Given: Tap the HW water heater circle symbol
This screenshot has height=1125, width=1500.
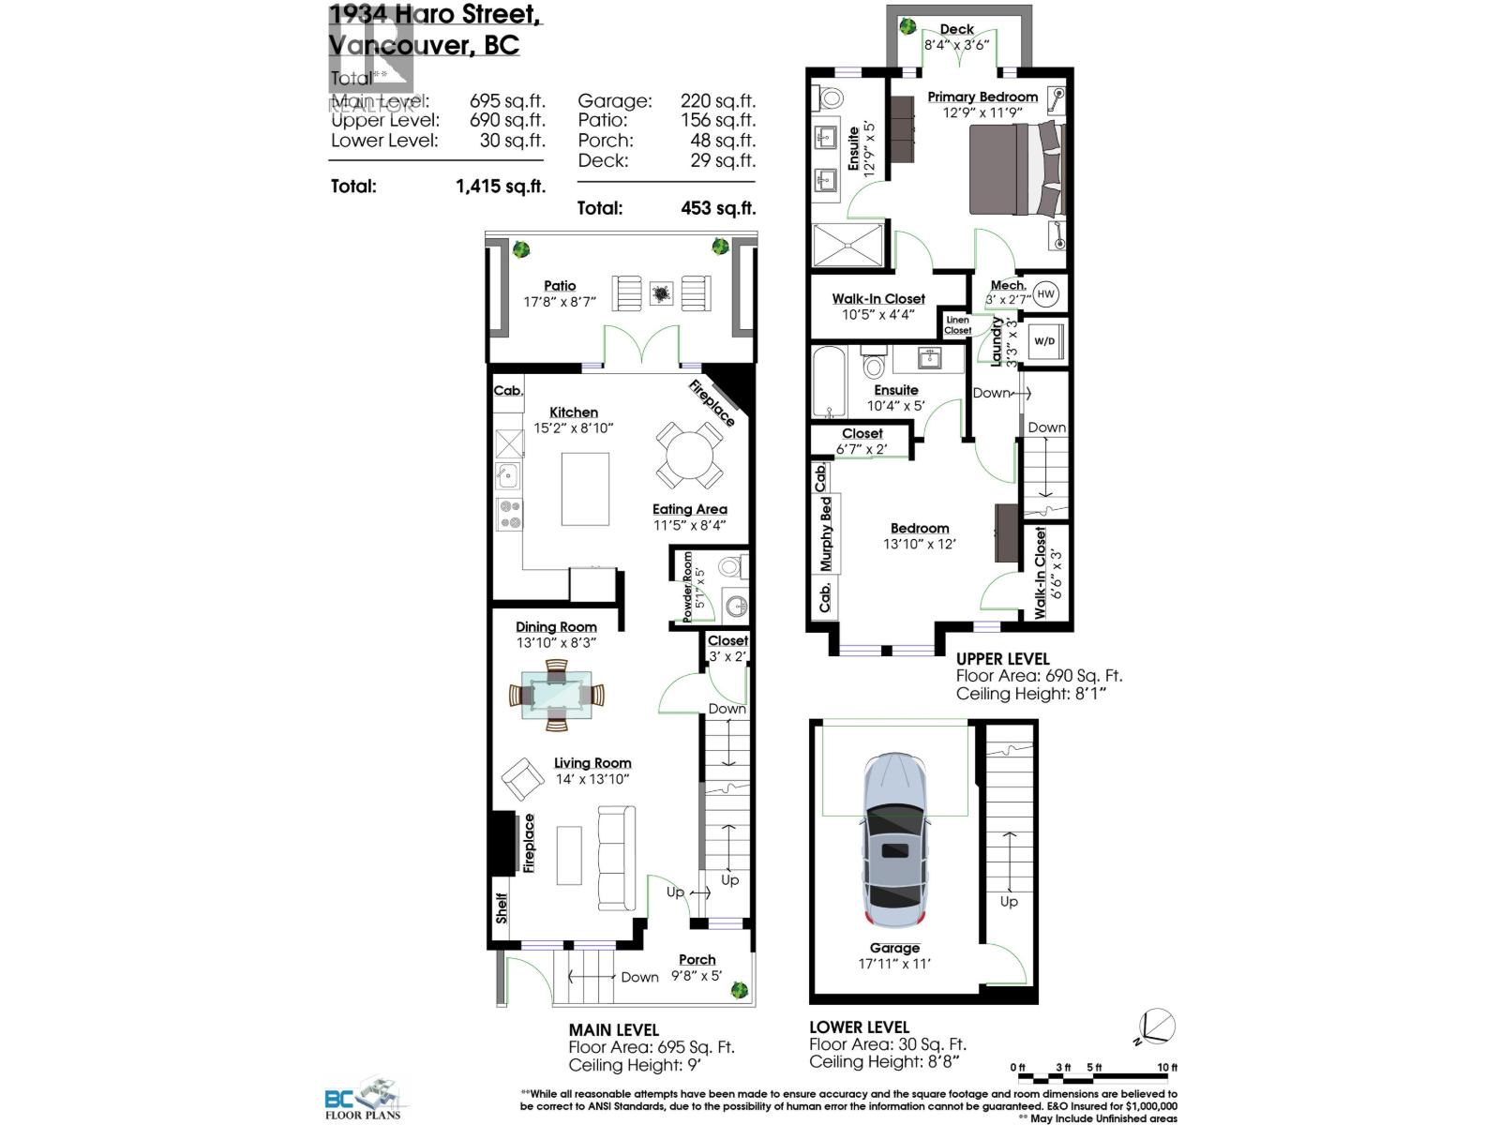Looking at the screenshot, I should click(x=1046, y=293).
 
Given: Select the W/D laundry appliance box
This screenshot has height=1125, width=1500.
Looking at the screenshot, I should click(x=1044, y=341).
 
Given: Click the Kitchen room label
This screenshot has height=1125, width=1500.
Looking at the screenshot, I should click(x=573, y=412).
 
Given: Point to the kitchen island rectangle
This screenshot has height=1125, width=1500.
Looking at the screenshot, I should click(x=585, y=488).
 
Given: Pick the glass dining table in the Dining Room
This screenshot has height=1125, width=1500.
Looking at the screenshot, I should click(x=557, y=696).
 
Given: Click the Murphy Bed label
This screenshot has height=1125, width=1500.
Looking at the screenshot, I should click(x=826, y=534).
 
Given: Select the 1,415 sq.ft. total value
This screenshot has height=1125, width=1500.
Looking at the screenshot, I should click(x=500, y=186).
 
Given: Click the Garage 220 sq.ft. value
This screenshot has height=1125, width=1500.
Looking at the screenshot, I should click(x=717, y=100).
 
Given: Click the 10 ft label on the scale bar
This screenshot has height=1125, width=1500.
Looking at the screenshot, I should click(x=1166, y=1067).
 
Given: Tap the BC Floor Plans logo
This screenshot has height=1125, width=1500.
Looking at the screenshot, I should click(x=363, y=1100).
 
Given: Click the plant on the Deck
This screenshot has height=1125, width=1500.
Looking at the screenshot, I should click(x=907, y=26).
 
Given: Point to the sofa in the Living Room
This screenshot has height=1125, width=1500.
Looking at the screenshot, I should click(x=615, y=859).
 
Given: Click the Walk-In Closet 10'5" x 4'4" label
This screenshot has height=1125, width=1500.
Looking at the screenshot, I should click(x=878, y=299).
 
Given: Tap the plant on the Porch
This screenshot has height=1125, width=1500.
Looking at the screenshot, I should click(x=740, y=988).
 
